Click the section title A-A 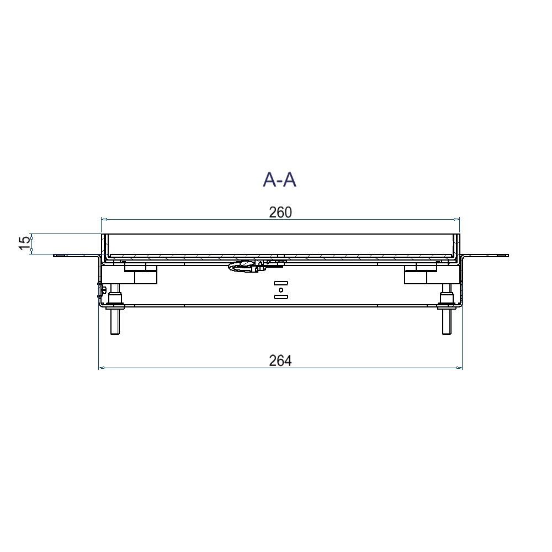pyautogui.click(x=279, y=179)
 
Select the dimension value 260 pyautogui.click(x=280, y=213)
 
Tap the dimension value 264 pyautogui.click(x=280, y=360)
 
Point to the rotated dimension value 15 pyautogui.click(x=24, y=243)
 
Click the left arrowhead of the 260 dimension pyautogui.click(x=103, y=220)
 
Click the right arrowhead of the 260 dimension pyautogui.click(x=457, y=220)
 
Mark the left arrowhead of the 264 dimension pyautogui.click(x=101, y=368)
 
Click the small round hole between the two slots pyautogui.click(x=280, y=290)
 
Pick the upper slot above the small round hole pyautogui.click(x=280, y=283)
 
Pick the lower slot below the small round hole pyautogui.click(x=280, y=297)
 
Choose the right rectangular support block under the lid pyautogui.click(x=417, y=276)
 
